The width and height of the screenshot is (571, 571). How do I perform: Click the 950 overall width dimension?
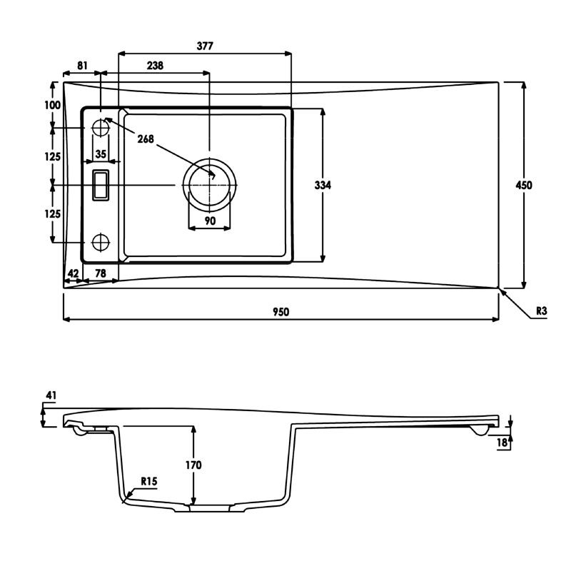click(281, 312)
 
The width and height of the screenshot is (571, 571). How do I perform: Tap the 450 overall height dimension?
click(524, 185)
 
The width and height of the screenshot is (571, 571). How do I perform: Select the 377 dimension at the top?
click(205, 46)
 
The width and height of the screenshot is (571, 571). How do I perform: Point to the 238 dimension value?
click(155, 66)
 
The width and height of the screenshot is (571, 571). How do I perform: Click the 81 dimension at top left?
click(83, 66)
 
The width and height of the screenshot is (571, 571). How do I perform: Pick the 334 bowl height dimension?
click(323, 185)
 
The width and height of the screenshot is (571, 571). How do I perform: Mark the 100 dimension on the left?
click(52, 105)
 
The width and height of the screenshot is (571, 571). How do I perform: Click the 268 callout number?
click(146, 138)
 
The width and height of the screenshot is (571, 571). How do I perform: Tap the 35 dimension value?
click(101, 154)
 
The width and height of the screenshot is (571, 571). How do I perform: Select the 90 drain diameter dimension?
click(210, 221)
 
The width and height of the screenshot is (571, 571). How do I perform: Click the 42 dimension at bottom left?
click(74, 273)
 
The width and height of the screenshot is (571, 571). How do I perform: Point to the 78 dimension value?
click(101, 273)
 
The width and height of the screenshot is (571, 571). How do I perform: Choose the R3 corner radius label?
click(542, 311)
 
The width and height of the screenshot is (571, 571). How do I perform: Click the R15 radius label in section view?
click(149, 481)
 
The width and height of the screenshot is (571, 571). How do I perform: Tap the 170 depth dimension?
click(193, 465)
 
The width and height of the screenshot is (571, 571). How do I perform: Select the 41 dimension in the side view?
click(51, 395)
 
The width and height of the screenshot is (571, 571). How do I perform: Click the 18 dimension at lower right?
click(502, 443)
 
